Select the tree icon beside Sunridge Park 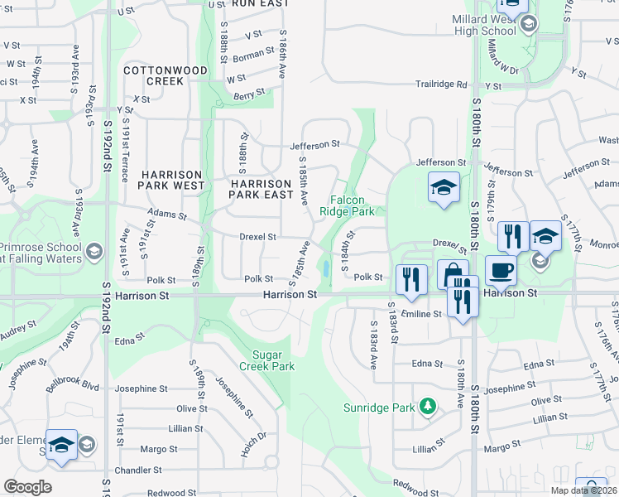pyautogui.click(x=428, y=406)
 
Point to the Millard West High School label pyautogui.click(x=485, y=25)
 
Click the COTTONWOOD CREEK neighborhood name pyautogui.click(x=165, y=75)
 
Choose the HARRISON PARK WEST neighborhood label pyautogui.click(x=172, y=180)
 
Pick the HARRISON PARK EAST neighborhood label pyautogui.click(x=261, y=189)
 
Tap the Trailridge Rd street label pyautogui.click(x=441, y=84)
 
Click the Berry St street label pyautogui.click(x=249, y=95)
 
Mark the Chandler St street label pyautogui.click(x=132, y=470)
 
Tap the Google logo pyautogui.click(x=27, y=487)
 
